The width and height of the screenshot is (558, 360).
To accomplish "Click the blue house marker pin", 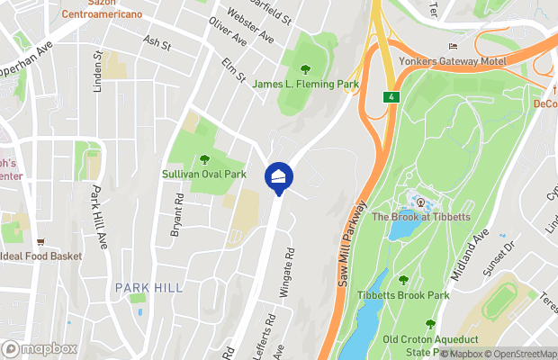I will coord(277,176).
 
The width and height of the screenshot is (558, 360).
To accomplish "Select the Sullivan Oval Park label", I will coord(204,174).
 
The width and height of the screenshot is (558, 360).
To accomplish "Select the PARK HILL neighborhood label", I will coord(148,287).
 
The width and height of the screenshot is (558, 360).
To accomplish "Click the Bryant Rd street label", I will coord(177,214).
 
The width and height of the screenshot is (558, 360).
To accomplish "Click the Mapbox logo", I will coord(40,348).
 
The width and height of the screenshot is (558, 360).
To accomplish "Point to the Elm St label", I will coord(233,69).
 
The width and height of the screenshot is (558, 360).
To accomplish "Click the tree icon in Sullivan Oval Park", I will coord(204,159).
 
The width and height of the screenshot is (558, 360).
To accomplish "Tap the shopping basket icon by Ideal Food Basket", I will coord(41,241).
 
